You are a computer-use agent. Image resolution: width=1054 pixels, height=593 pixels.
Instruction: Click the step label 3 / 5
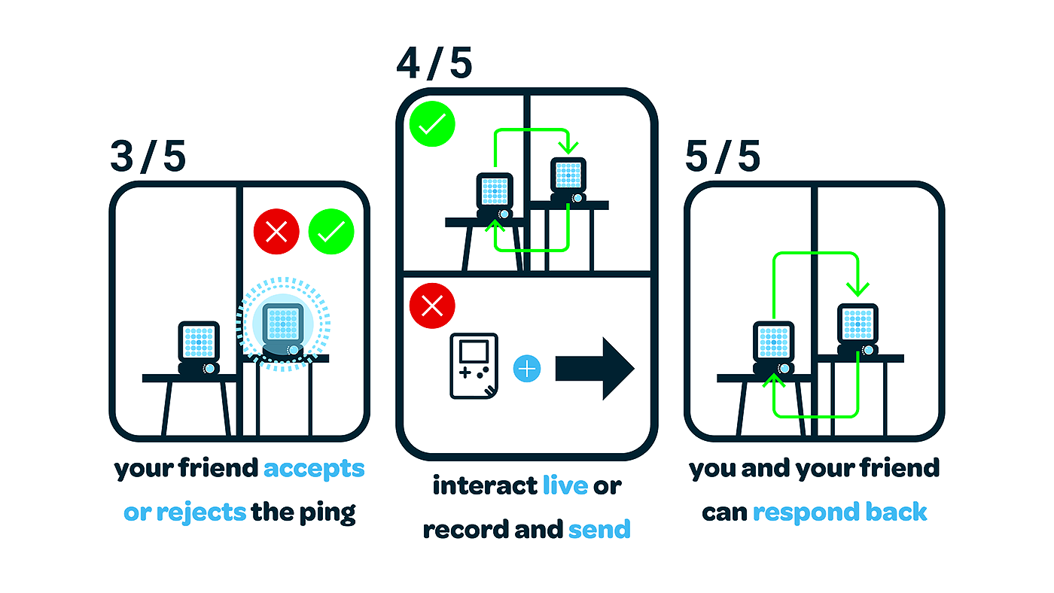(x=148, y=157)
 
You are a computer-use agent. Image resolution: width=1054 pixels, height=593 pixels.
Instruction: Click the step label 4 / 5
(x=434, y=63)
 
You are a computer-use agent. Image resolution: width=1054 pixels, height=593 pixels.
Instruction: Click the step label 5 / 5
(x=723, y=157)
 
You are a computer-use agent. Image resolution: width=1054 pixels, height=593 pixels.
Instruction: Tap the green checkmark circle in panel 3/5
(x=331, y=232)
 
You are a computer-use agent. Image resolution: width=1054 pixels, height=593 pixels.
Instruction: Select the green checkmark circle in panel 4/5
(x=432, y=125)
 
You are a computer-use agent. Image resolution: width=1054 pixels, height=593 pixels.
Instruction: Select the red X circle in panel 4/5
(x=432, y=306)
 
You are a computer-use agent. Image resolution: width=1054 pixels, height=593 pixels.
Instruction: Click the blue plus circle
(x=527, y=369)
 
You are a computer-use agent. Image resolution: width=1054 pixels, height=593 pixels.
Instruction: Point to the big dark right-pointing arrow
(x=596, y=369)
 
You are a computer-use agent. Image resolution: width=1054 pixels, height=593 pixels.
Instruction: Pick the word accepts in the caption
(x=314, y=470)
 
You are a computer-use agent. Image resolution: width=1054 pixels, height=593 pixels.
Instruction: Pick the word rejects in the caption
(x=201, y=513)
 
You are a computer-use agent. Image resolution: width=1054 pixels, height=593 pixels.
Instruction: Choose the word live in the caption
(x=565, y=486)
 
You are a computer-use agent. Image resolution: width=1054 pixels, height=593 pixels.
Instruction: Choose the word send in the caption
(x=599, y=530)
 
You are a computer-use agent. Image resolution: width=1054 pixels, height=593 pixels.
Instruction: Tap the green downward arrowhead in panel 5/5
(x=857, y=288)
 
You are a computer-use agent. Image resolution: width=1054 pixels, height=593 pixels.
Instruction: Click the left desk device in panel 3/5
(x=199, y=345)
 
